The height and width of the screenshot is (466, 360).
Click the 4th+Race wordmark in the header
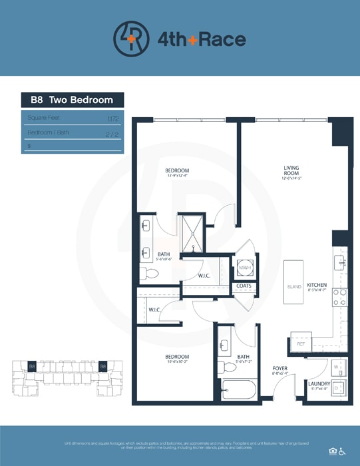(x=201, y=39)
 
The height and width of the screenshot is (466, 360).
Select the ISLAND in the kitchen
(x=294, y=286)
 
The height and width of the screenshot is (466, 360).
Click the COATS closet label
(x=244, y=287)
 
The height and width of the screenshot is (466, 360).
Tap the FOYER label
(x=280, y=368)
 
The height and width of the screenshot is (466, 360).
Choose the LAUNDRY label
(x=319, y=384)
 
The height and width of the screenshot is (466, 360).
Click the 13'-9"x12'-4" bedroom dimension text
(x=178, y=176)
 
